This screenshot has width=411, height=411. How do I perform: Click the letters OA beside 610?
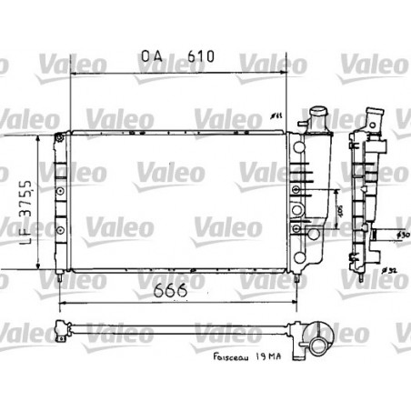click(x=152, y=55)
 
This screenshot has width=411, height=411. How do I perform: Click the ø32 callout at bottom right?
click(x=390, y=270)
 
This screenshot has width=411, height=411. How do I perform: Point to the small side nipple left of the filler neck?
click(x=302, y=126)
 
